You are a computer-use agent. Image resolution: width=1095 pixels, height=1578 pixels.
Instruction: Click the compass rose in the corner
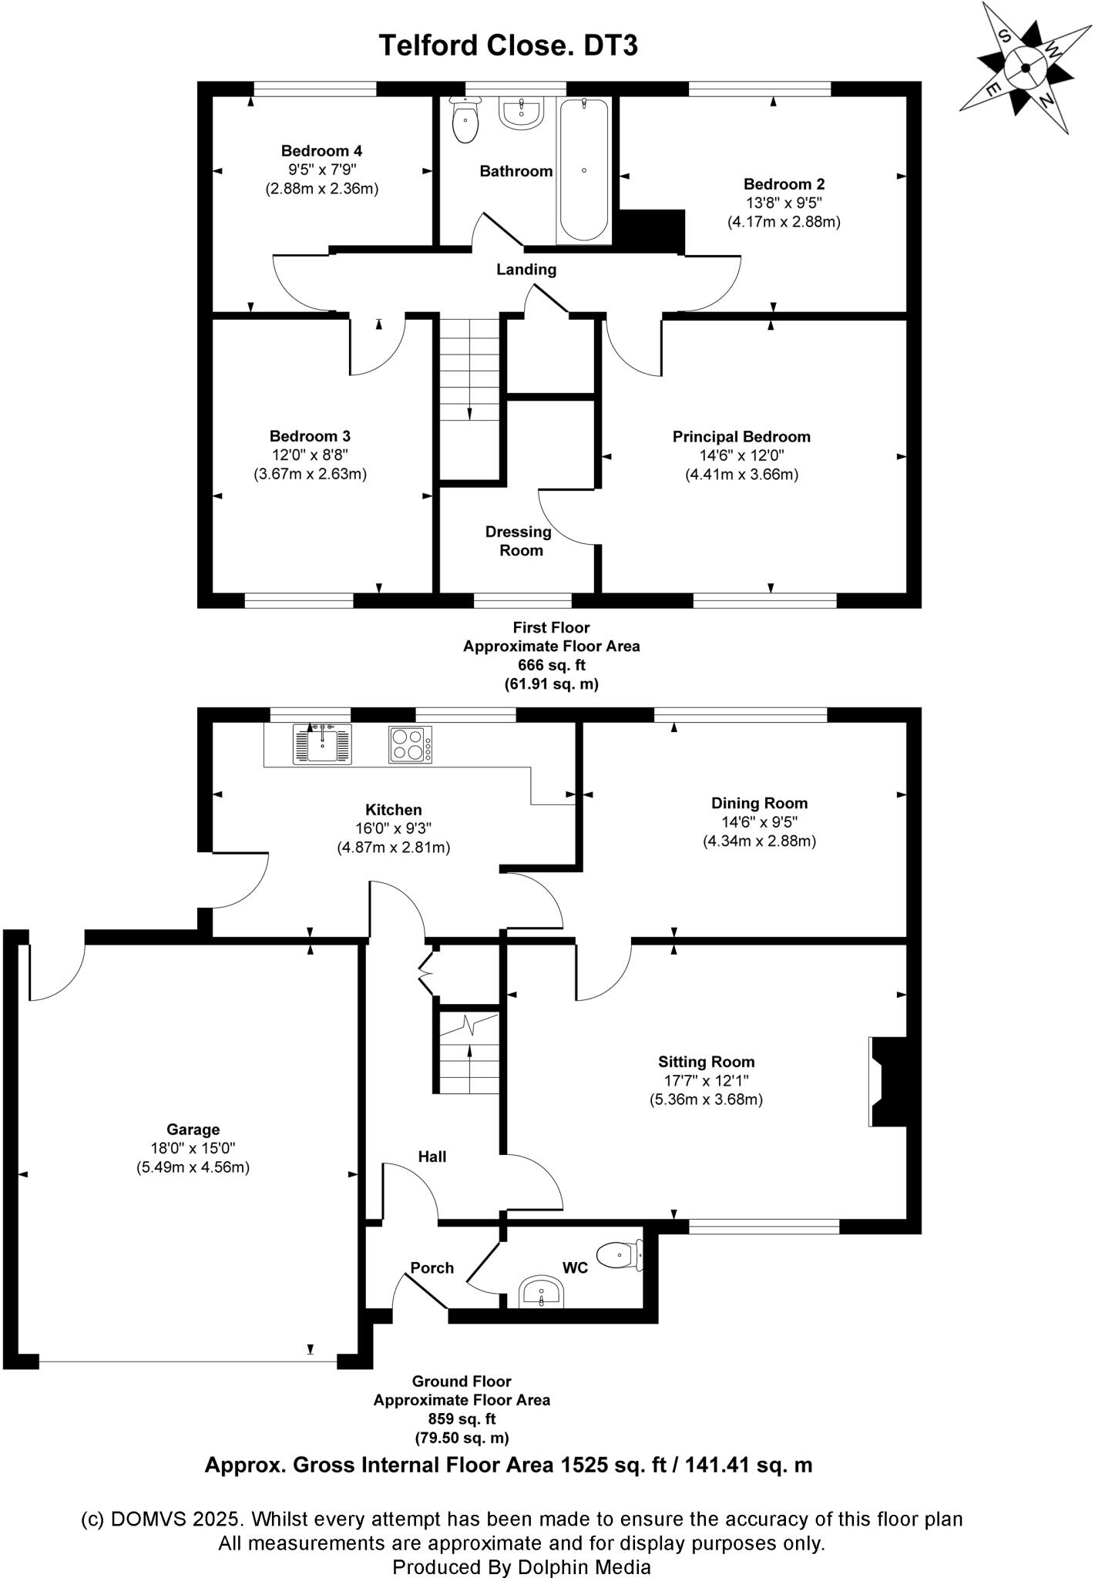coord(1025,68)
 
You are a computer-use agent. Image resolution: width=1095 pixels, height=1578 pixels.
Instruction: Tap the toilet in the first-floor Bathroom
coord(465,121)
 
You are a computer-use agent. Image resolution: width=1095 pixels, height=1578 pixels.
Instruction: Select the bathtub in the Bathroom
coord(584,170)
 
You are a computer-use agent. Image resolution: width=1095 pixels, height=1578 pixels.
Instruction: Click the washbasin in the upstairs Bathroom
coord(523,112)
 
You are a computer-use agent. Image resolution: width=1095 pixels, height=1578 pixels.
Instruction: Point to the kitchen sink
coord(322,744)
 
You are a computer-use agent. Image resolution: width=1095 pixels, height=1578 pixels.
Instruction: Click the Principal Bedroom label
coord(741,437)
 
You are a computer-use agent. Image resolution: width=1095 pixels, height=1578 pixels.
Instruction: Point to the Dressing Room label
coord(519,541)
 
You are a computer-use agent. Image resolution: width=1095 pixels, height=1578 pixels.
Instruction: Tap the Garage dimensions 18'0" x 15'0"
coord(193,1148)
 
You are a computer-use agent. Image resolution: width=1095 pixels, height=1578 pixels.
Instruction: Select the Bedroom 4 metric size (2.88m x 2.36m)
coord(322,188)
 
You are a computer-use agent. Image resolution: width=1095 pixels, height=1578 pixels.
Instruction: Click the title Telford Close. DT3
coord(508,45)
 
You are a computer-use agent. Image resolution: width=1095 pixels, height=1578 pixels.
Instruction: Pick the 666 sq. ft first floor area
coord(551,665)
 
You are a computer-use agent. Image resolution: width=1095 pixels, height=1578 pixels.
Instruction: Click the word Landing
coord(526,270)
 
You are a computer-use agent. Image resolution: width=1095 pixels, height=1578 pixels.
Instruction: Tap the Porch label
coord(432,1267)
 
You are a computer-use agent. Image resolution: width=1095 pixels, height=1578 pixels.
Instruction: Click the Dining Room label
coord(759,803)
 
